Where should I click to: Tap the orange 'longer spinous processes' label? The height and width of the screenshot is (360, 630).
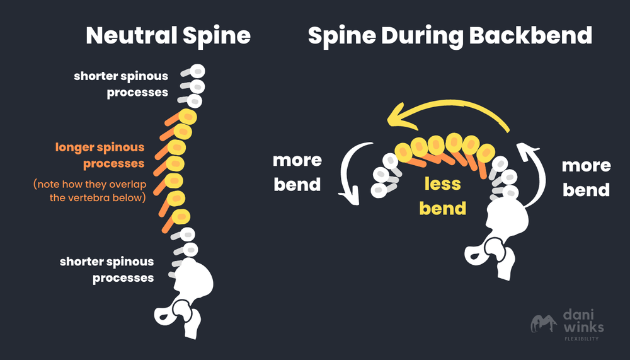(x=100, y=156)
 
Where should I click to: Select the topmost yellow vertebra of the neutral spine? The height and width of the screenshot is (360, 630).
(x=188, y=117)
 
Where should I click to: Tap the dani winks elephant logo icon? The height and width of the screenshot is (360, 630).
(x=543, y=324)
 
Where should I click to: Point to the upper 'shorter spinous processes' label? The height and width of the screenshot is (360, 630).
(x=121, y=84)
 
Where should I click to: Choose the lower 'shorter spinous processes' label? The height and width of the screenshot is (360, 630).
(x=107, y=269)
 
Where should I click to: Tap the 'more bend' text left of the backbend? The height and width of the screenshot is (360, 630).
(x=297, y=173)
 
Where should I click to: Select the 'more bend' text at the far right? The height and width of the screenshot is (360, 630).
(x=586, y=177)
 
